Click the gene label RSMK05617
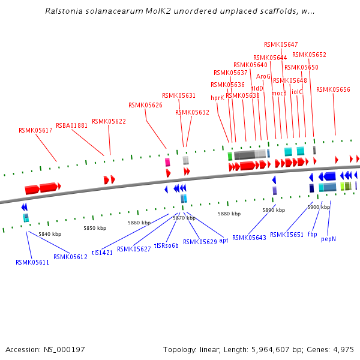pyautogui.click(x=35, y=130)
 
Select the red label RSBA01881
pyautogui.click(x=71, y=125)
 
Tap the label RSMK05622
pyautogui.click(x=109, y=121)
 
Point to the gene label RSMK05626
pyautogui.click(x=145, y=105)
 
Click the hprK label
pyautogui.click(x=217, y=98)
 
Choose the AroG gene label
pyautogui.click(x=263, y=76)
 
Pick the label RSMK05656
pyautogui.click(x=333, y=89)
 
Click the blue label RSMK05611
pyautogui.click(x=32, y=262)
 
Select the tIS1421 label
pyautogui.click(x=102, y=253)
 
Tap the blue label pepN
pyautogui.click(x=328, y=238)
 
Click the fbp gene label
pyautogui.click(x=312, y=234)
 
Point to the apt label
pyautogui.click(x=223, y=240)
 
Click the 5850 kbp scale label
pyautogui.click(x=94, y=228)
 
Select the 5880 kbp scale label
pyautogui.click(x=229, y=214)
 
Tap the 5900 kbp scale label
pyautogui.click(x=318, y=207)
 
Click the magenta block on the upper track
pyautogui.click(x=167, y=162)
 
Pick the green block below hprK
pyautogui.click(x=230, y=156)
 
